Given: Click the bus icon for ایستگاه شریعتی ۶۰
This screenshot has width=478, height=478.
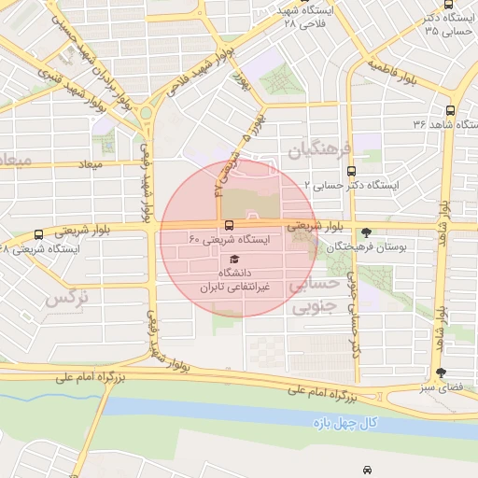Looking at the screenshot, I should tap(230, 225).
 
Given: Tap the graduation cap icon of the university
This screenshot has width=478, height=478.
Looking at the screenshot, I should tap(233, 259).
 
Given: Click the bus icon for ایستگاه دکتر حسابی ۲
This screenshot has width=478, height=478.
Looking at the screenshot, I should tap(351, 171).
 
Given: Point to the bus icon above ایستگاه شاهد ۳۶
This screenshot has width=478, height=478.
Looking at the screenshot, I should tap(451, 109).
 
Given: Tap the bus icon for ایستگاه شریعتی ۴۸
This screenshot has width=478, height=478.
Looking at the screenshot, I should tap(38, 234).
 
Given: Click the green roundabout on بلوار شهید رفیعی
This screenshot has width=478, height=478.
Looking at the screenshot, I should tap(146, 114).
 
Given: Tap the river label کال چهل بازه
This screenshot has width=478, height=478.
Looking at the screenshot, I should tap(344, 423).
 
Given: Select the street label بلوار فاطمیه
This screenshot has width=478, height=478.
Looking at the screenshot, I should tap(391, 67).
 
